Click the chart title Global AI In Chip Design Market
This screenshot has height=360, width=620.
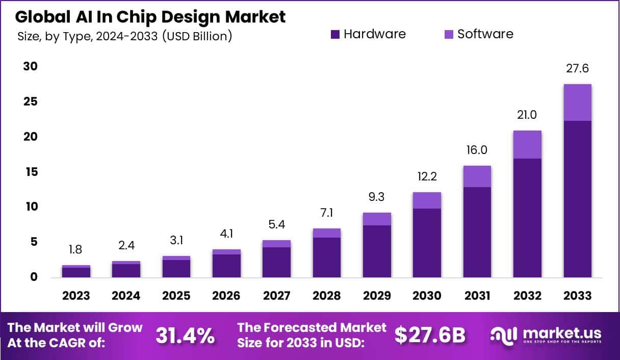[150, 17]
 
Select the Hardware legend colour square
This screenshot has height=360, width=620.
[335, 35]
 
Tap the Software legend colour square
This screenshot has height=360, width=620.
[449, 35]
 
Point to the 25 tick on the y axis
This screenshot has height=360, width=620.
[30, 102]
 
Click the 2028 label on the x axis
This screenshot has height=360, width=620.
[326, 296]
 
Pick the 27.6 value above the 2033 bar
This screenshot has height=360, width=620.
[578, 69]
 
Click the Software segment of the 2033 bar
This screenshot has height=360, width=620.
[578, 102]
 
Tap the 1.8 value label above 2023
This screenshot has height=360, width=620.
[76, 250]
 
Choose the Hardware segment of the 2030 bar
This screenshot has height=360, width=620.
[427, 243]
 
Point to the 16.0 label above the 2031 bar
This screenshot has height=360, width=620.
[477, 150]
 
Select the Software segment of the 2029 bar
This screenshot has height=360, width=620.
[377, 219]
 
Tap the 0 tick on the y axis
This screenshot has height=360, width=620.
[33, 277]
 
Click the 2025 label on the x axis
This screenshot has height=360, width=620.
[176, 296]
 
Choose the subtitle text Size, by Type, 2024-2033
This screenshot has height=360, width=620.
[124, 37]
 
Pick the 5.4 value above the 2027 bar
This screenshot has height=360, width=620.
[276, 225]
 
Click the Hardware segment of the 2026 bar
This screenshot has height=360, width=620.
[226, 266]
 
